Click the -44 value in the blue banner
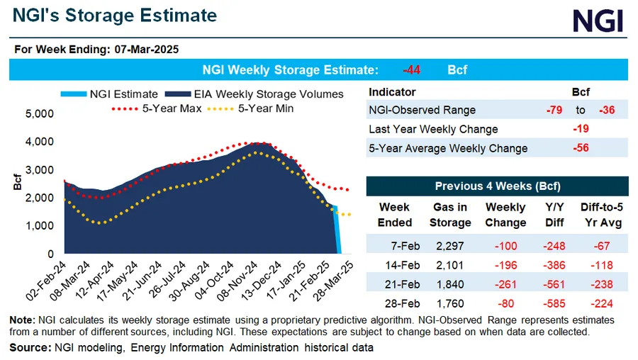(x=412, y=70)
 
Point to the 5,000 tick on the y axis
(x=39, y=113)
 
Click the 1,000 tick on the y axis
(x=39, y=225)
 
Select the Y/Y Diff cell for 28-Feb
(x=555, y=304)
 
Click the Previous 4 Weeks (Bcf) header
(x=497, y=186)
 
